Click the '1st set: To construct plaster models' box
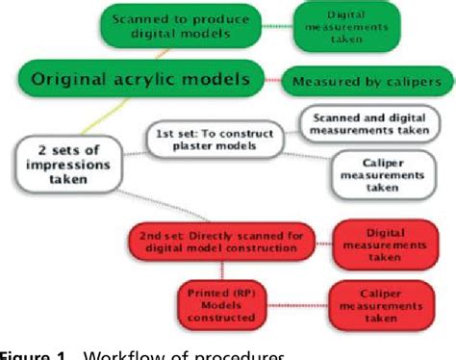pyautogui.click(x=215, y=138)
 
